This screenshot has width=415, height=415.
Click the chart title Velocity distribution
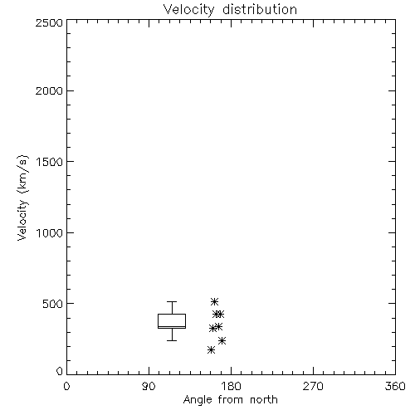(x=230, y=9)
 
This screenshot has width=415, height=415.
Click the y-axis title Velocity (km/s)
(x=22, y=198)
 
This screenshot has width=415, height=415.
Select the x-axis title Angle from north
(x=230, y=400)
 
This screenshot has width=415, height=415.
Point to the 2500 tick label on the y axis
(x=49, y=22)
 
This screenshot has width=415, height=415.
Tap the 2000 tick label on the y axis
(x=49, y=90)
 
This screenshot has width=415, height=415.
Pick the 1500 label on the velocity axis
(x=50, y=162)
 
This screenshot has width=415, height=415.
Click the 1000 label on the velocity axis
(x=50, y=232)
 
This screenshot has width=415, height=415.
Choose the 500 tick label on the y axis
(x=53, y=304)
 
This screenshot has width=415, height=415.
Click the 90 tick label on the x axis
(x=149, y=386)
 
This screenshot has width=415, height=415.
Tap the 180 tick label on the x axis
(x=231, y=386)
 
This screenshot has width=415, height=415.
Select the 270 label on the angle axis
(x=313, y=386)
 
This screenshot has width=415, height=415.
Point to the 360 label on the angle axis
(x=395, y=386)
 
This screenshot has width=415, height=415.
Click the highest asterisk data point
(x=214, y=301)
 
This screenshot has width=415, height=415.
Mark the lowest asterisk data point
(x=211, y=350)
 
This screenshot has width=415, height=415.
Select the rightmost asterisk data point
(x=222, y=340)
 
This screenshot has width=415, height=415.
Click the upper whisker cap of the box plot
(x=172, y=301)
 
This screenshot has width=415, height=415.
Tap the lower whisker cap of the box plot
(x=172, y=340)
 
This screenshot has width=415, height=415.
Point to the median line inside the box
(x=172, y=327)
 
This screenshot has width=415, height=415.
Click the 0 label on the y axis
(x=60, y=371)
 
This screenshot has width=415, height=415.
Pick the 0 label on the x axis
(x=66, y=386)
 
